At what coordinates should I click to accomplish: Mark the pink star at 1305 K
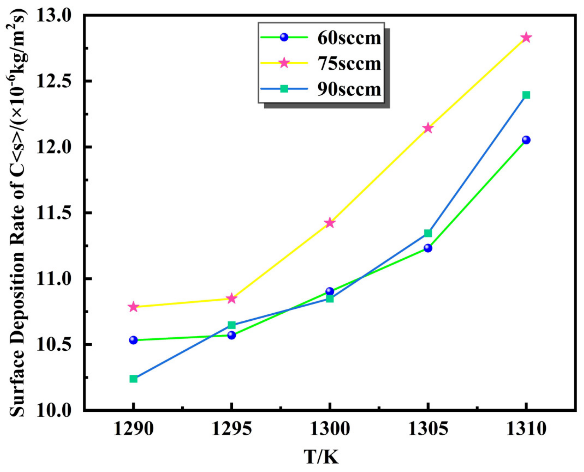point(428,128)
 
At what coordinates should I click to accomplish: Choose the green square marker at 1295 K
point(232,325)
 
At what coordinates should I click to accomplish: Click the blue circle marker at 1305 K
point(428,248)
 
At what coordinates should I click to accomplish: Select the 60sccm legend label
point(349,38)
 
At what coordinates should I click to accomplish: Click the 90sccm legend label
point(349,89)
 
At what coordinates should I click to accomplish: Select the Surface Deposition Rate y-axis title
point(19,212)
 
